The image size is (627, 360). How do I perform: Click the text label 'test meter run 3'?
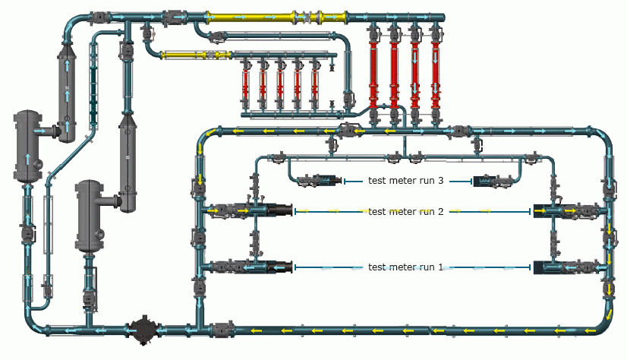(405, 181)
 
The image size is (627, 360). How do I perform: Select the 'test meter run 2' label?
(405, 212)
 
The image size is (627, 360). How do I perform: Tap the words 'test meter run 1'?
(405, 267)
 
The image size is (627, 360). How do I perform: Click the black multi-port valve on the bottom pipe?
(143, 330)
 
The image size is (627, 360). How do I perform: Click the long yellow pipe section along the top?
(276, 17)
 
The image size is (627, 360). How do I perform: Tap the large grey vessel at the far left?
(27, 147)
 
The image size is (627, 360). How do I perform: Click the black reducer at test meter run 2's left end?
(280, 210)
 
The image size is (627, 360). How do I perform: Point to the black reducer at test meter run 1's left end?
(280, 267)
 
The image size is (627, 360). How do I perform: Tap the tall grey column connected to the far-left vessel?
(67, 92)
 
